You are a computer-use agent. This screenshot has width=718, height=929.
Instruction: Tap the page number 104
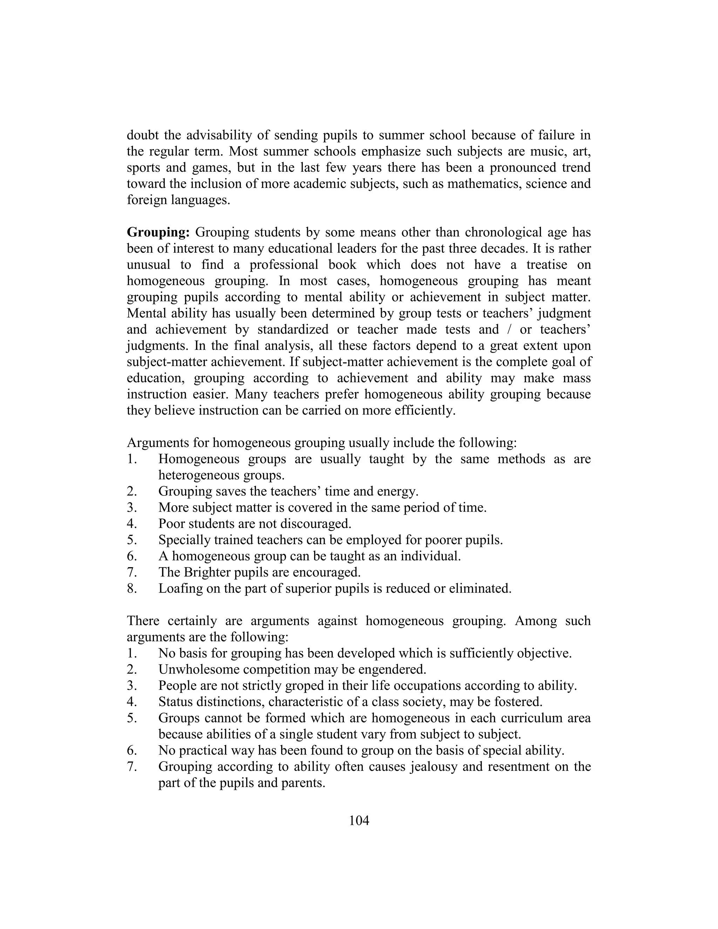[359, 821]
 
